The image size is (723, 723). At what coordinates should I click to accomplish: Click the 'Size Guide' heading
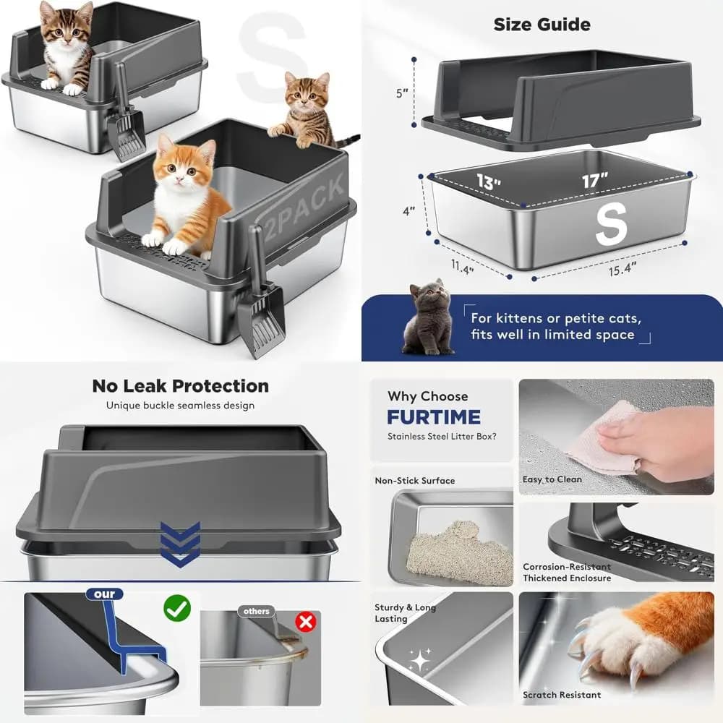point(542,25)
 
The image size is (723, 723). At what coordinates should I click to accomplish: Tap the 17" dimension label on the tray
point(595,180)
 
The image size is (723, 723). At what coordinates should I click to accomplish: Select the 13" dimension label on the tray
point(489,181)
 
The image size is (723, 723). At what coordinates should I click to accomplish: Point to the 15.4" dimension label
point(623,268)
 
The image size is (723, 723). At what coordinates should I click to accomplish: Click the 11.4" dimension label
point(462,267)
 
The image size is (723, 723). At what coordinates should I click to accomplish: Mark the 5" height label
point(402,93)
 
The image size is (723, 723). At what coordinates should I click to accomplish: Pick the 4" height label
point(408,211)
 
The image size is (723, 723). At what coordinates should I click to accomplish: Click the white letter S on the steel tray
point(612,224)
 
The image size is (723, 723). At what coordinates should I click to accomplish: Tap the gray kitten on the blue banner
point(427,318)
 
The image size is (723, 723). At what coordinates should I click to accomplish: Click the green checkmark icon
point(177,608)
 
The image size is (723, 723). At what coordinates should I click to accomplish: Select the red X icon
point(306,622)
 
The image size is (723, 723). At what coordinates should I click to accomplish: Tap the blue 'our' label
point(104,594)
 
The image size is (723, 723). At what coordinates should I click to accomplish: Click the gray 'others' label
point(257,611)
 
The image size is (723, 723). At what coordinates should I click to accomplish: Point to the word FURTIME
point(434,417)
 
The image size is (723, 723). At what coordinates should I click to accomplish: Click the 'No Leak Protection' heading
point(180,386)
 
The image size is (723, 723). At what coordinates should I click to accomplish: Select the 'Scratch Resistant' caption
point(562,694)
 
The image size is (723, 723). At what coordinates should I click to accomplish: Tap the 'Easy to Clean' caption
point(552,479)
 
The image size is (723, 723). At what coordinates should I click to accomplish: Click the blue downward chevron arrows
point(180,544)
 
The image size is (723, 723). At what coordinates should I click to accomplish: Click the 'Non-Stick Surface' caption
point(414,481)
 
